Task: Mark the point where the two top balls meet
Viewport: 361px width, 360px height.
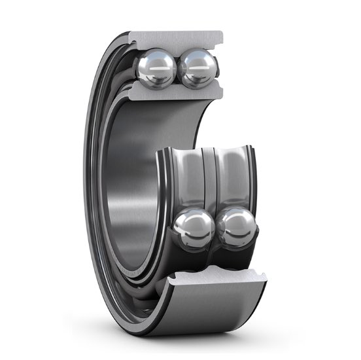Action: click(x=177, y=70)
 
